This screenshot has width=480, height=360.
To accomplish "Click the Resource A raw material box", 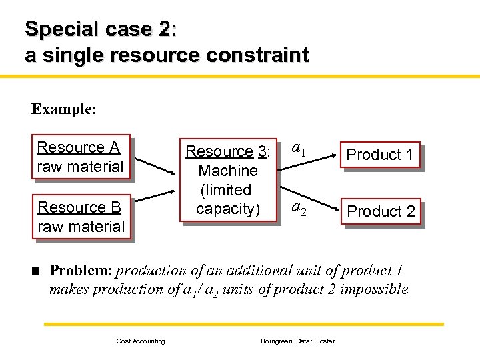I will pos(80,157).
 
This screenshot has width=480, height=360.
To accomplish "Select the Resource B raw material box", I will pos(81,217).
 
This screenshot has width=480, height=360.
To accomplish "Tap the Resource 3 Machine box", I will pos(227,180).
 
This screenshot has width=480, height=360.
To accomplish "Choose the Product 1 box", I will pos(380,155).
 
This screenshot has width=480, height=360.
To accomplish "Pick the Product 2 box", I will pos(381,211).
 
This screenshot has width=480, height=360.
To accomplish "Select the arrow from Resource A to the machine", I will pos(153,169).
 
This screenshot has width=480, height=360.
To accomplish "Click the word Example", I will pos(63,109).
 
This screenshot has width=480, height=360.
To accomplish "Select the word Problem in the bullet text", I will pos(81,271).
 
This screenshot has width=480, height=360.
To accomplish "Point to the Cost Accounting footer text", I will pos(141,341).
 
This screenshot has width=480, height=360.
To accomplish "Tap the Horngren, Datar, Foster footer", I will pos(297,341).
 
